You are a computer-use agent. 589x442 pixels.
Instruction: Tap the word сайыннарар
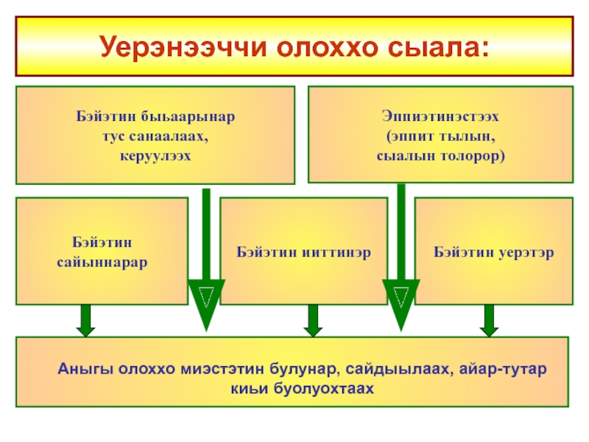point(102,261)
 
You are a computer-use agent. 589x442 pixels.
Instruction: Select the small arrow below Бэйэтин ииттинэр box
point(312,319)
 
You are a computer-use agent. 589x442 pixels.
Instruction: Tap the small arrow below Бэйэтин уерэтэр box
point(488,319)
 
